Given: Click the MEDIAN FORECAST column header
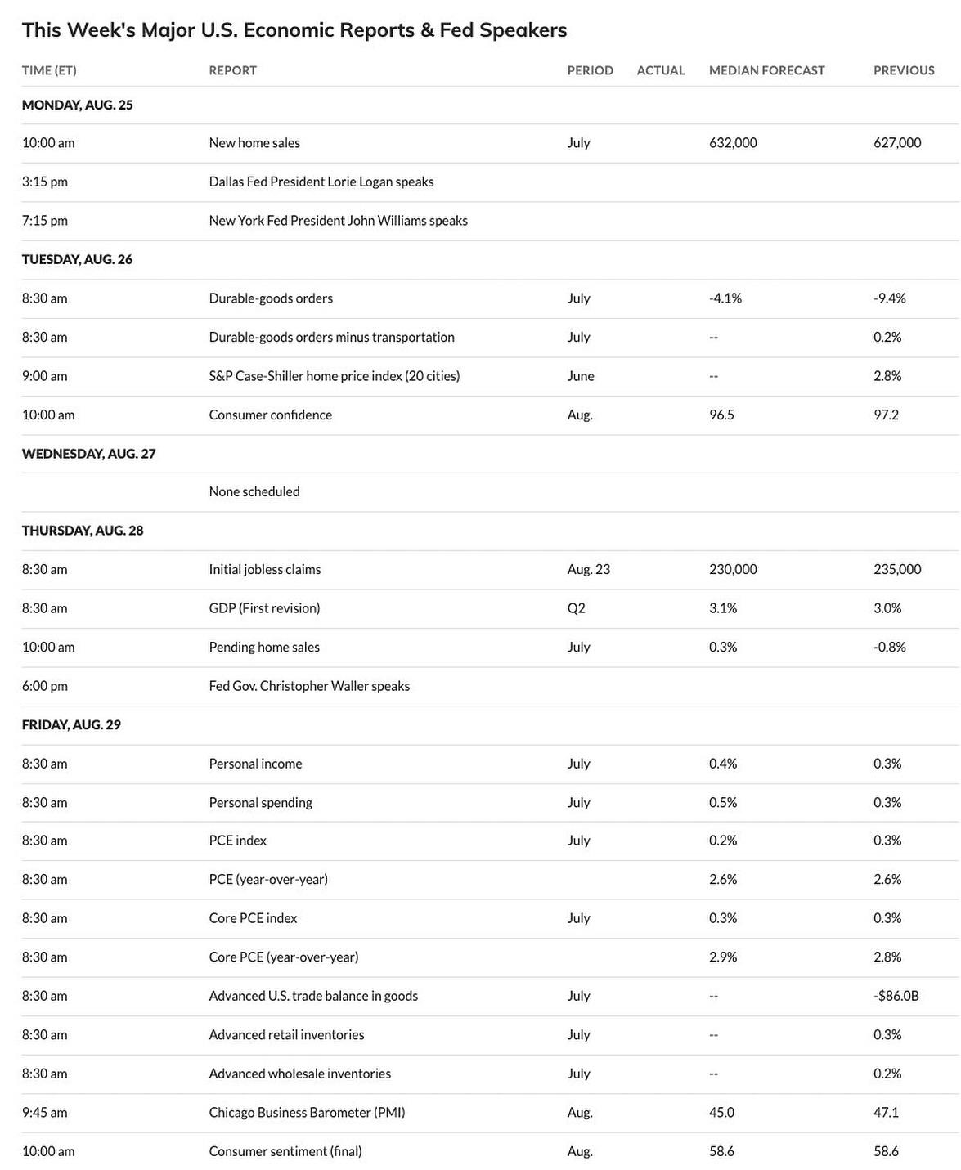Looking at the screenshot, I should pos(766,70).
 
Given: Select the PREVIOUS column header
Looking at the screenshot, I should pos(904,70).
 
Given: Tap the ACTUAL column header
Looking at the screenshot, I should pos(660,70).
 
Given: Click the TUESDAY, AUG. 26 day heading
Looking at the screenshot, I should pos(77,259).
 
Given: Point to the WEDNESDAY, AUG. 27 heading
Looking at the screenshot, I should pos(88,454).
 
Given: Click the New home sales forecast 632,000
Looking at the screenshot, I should pos(733,143).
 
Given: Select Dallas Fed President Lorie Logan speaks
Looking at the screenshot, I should pos(321,182).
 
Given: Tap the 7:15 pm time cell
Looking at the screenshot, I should pos(45,221).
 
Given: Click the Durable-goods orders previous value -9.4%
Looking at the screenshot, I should pos(890,298).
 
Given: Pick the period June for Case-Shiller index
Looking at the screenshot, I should pos(581,376).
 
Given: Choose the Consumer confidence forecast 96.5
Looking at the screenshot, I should pos(721,415).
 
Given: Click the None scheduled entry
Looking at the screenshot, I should pos(254,491).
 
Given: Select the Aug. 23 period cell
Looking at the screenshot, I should pos(588,569).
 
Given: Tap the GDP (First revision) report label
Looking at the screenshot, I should pos(264,608).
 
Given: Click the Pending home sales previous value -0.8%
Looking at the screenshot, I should pos(890,647).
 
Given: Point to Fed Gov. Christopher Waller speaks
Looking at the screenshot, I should pos(309,686).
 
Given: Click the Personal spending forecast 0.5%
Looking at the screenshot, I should pos(723,803).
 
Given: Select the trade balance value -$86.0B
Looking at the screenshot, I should pos(896,996).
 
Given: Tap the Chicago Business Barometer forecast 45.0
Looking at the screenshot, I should pos(721,1113).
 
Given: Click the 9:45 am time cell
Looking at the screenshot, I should pos(45,1113).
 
